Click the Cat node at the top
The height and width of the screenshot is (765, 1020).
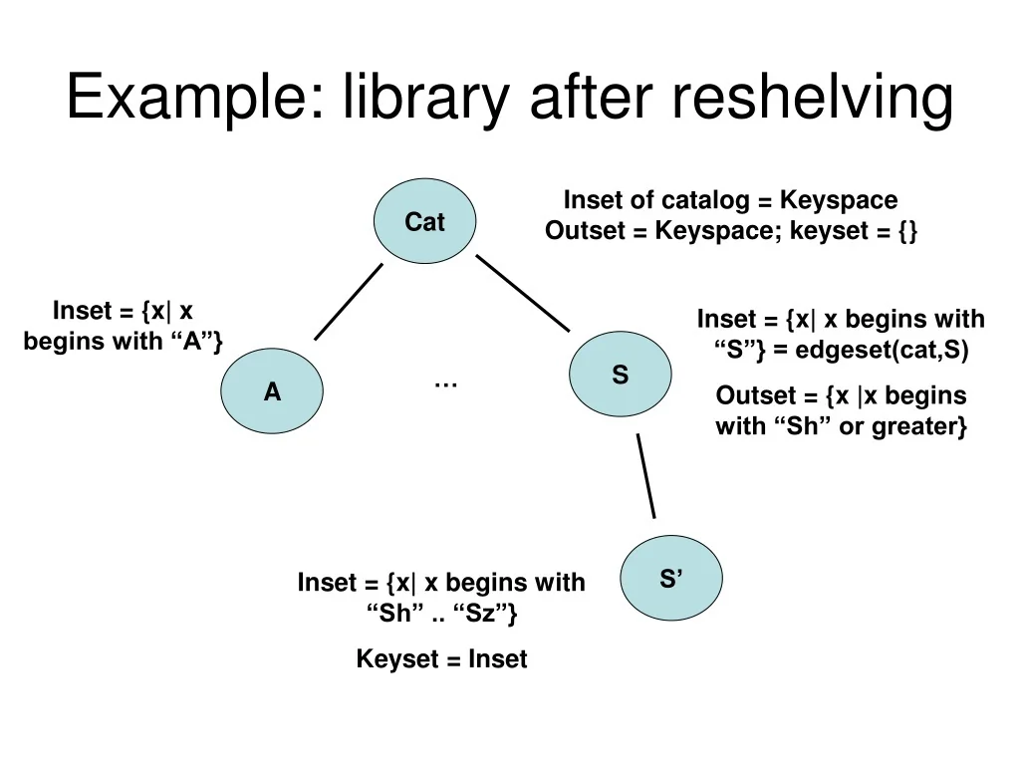[424, 221]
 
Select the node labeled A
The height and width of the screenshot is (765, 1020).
[272, 391]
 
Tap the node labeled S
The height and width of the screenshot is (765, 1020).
[620, 375]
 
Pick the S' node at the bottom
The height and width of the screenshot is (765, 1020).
[670, 578]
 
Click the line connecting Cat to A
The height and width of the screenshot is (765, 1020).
[349, 301]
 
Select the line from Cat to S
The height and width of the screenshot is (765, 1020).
[522, 293]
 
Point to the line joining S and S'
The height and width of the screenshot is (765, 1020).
[646, 475]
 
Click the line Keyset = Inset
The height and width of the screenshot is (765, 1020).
[441, 658]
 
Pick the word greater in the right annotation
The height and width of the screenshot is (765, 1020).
[923, 427]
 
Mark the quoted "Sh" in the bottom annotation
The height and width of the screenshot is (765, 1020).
[395, 614]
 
